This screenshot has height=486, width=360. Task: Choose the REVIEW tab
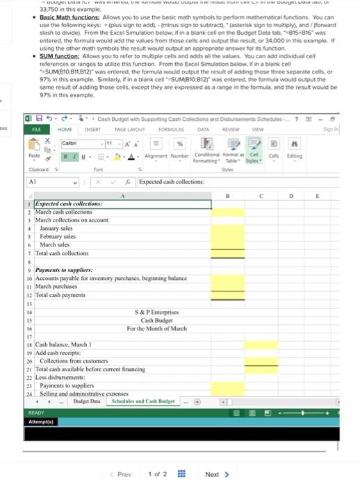pos(229,128)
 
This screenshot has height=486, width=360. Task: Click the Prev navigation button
pos(120,455)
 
